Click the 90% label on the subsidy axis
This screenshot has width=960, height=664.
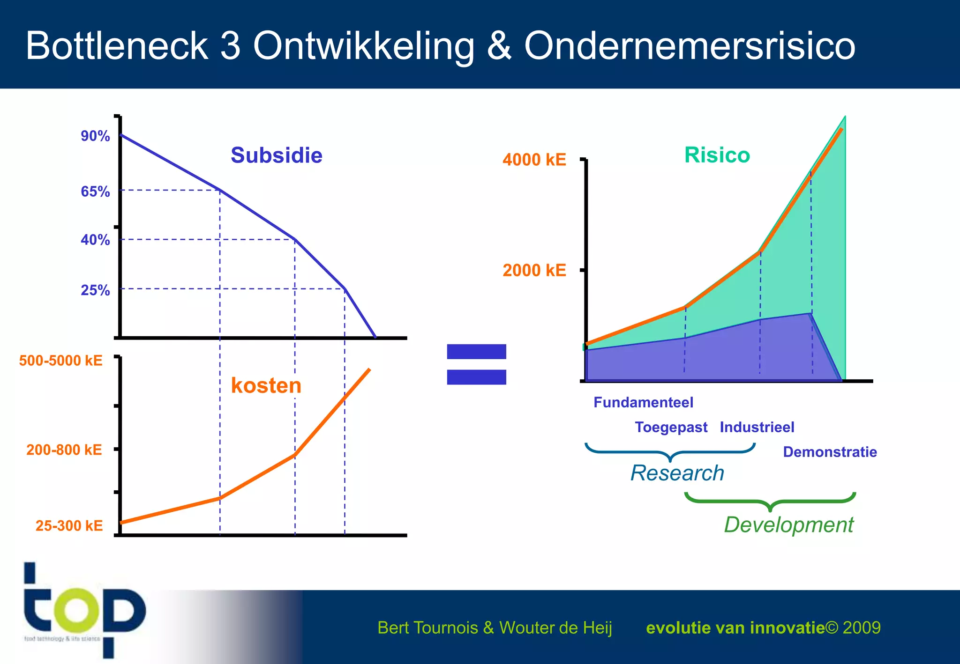point(95,136)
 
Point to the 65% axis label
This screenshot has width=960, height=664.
point(95,192)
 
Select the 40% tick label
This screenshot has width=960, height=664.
point(95,240)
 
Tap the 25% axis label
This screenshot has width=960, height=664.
point(95,290)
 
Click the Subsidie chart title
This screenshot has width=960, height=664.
point(276,155)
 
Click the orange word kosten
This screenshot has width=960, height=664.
point(266,386)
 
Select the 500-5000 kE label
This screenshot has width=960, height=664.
point(61,361)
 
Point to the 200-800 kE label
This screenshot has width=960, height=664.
point(64,450)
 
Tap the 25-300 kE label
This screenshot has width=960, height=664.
point(69,526)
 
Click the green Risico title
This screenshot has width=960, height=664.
point(717,155)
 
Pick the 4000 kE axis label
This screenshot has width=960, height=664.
point(534,160)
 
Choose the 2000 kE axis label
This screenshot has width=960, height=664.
point(534,271)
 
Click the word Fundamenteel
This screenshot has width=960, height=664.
point(643,403)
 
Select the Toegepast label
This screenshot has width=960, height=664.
point(671,428)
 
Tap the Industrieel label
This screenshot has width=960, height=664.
point(757,428)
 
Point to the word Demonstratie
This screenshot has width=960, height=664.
point(830,452)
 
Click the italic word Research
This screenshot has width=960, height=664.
point(677,473)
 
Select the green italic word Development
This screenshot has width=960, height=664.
point(788,525)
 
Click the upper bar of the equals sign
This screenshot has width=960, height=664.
point(476,352)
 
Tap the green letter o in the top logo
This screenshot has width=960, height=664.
point(77,610)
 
